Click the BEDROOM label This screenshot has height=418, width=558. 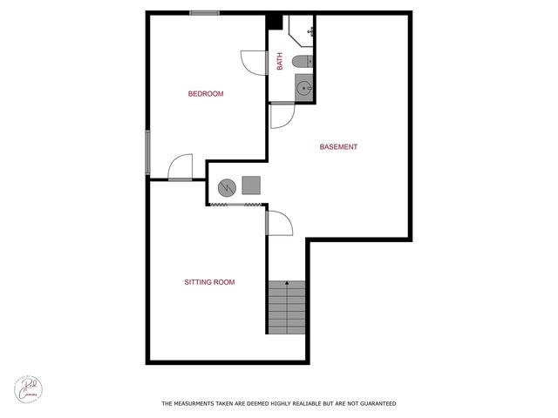(x=207, y=94)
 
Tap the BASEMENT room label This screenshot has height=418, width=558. (x=338, y=147)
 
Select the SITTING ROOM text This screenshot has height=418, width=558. (x=209, y=282)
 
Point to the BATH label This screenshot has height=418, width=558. (x=280, y=62)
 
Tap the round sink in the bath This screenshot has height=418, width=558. (x=303, y=87)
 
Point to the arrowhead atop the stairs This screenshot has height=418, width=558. (x=286, y=283)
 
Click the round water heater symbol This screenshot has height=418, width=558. (x=226, y=186)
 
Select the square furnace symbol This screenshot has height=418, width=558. (x=251, y=185)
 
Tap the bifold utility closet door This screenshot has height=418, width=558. (x=235, y=205)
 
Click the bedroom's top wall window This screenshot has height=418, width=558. (x=204, y=13)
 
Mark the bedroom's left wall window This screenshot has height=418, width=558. (x=148, y=152)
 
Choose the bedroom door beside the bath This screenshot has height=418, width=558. (x=253, y=63)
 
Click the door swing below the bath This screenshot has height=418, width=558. (x=282, y=115)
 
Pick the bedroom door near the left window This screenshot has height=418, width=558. (x=180, y=167)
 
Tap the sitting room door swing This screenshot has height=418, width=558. (x=278, y=223)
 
